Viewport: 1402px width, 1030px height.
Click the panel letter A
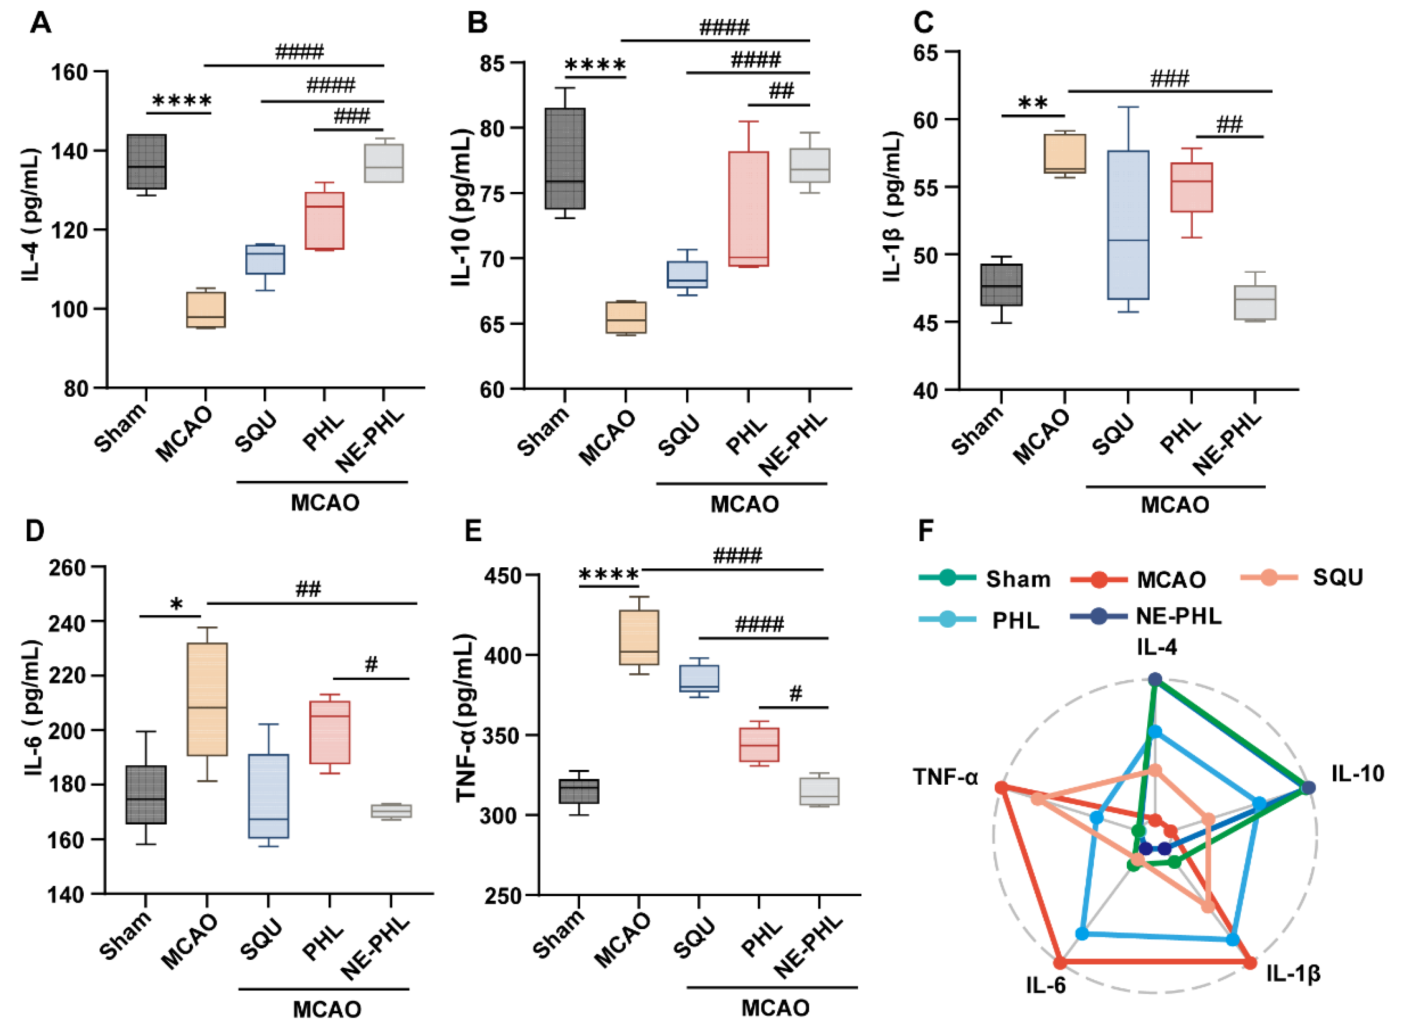(41, 23)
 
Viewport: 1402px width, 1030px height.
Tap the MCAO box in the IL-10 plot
(626, 317)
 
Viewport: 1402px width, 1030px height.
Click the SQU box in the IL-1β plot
(1128, 225)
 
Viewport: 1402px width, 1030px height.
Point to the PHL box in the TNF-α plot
(759, 744)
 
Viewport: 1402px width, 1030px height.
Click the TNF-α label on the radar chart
(946, 777)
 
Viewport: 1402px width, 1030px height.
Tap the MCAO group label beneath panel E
(775, 1008)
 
